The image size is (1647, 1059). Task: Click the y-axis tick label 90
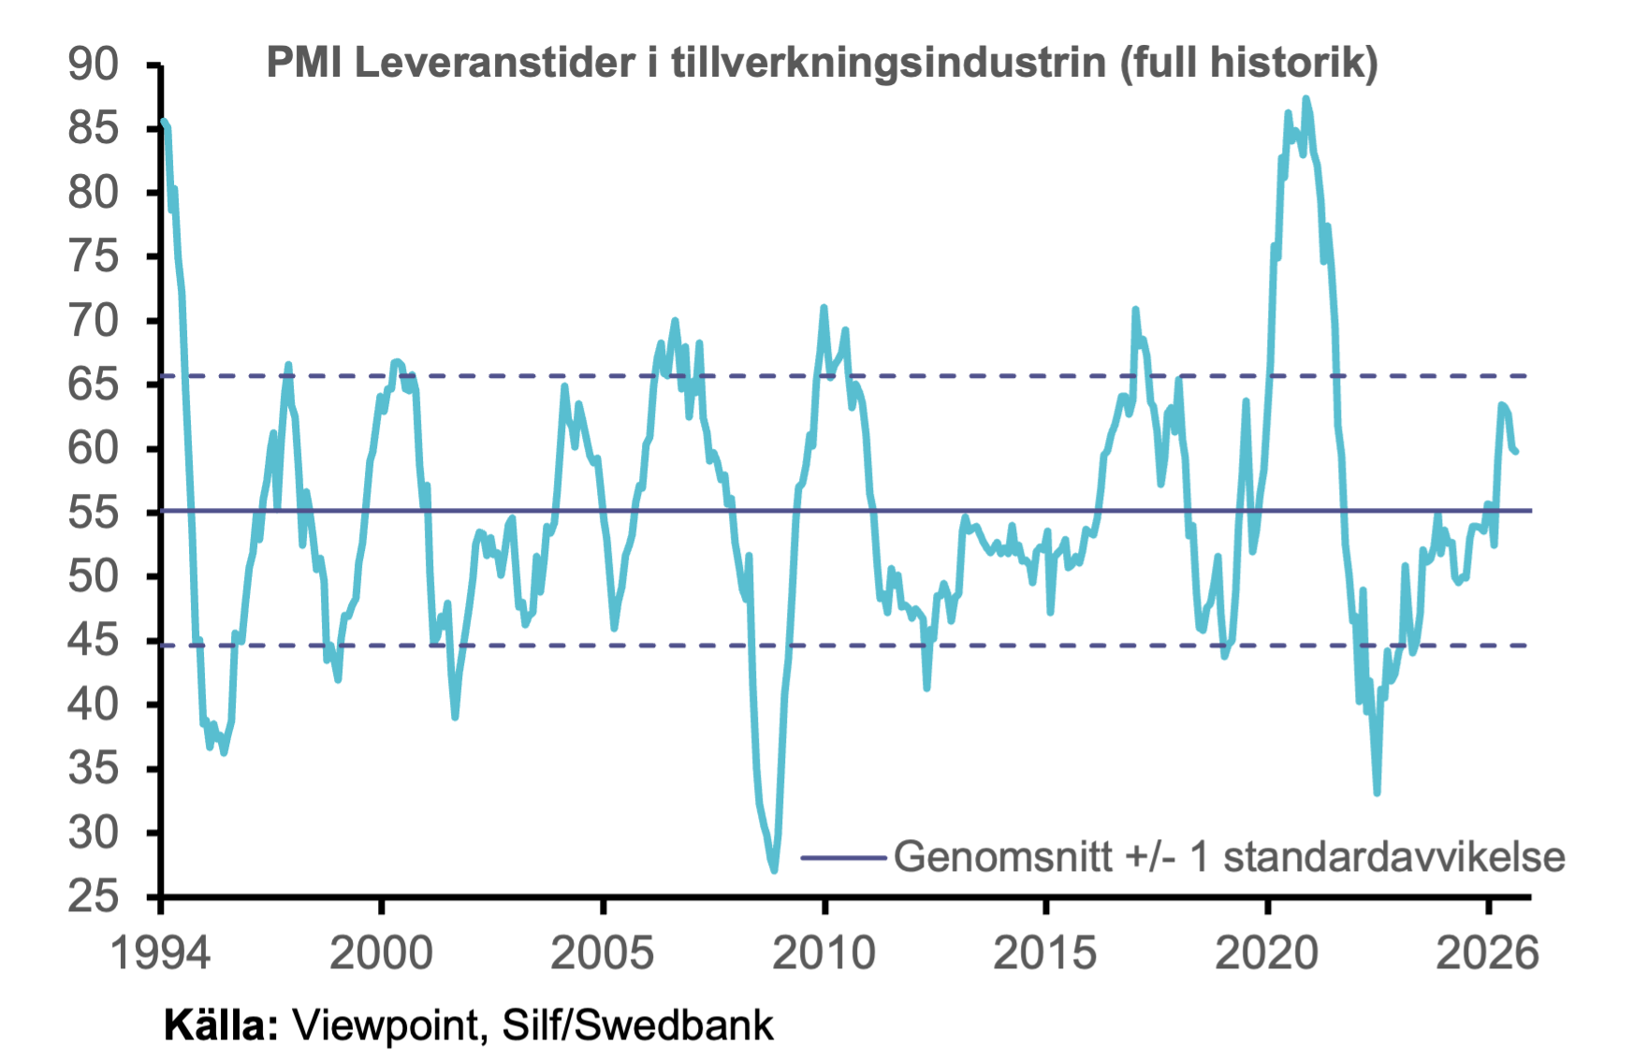(x=94, y=64)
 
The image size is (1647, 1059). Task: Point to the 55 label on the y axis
(x=94, y=513)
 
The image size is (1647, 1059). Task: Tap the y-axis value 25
(x=94, y=896)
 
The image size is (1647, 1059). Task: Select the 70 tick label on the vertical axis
(x=94, y=321)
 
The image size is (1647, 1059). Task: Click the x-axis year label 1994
(x=161, y=953)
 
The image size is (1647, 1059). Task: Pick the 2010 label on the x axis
(x=824, y=953)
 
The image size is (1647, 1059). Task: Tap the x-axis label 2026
(x=1488, y=953)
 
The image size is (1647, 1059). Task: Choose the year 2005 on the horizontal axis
(x=604, y=953)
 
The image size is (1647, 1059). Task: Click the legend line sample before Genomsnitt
(x=843, y=857)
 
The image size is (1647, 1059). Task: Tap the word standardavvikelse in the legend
(x=1394, y=857)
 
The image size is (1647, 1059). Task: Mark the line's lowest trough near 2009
(x=774, y=870)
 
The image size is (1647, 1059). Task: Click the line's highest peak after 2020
(x=1305, y=98)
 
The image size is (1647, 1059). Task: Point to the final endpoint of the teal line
(x=1516, y=452)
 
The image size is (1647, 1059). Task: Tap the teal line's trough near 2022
(x=1377, y=792)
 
